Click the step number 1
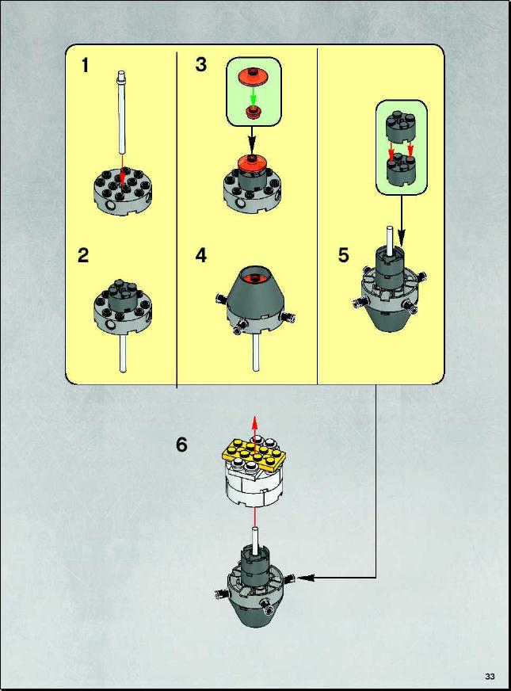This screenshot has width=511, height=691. pos(85,65)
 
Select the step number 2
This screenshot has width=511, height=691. pos(83,256)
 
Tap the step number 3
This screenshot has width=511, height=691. pos(201,64)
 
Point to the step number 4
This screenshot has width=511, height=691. pos(201,255)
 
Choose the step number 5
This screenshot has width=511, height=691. pos(344,255)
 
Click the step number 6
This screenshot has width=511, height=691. pos(181,445)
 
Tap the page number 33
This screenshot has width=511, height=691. pos(490,677)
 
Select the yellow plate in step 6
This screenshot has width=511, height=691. pos(253,455)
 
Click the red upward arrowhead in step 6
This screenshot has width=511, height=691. pos(254,420)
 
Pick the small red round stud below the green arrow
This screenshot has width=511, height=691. pos(253,112)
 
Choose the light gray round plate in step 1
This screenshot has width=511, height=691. pos(124,192)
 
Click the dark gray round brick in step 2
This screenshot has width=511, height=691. pos(122,294)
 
